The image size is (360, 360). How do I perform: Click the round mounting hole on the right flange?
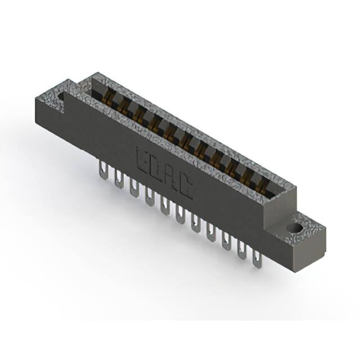295,227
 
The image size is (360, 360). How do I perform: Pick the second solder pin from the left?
119,179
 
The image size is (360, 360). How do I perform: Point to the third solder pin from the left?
134,188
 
